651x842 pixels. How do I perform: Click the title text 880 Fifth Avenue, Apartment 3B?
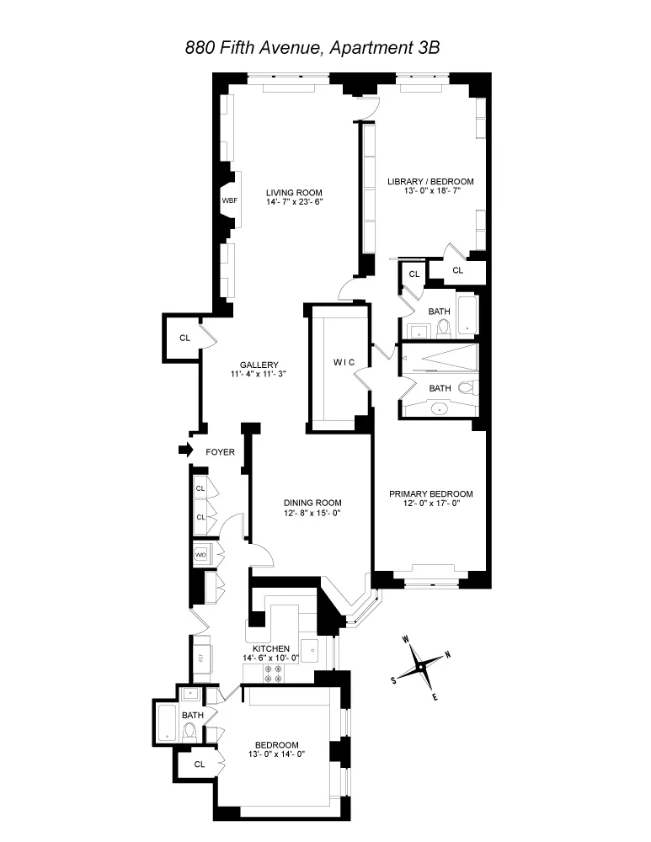(312, 48)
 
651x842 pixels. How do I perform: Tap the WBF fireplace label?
(229, 201)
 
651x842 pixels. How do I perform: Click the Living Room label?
(289, 191)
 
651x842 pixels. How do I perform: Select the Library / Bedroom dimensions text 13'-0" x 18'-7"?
(430, 192)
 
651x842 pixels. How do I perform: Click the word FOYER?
(221, 452)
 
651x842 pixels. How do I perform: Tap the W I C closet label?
(345, 362)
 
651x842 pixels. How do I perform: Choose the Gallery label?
(259, 365)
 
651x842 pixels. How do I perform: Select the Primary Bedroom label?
(430, 494)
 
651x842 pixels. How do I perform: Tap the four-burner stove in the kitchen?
(275, 673)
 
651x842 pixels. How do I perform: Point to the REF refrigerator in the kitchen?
(201, 658)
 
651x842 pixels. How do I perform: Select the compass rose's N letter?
(447, 655)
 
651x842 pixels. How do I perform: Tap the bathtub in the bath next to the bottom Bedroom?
(167, 723)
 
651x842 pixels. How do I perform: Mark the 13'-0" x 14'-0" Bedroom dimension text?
(276, 755)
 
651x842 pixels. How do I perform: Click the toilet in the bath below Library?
(443, 326)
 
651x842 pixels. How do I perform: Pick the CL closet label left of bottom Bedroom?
(200, 765)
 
